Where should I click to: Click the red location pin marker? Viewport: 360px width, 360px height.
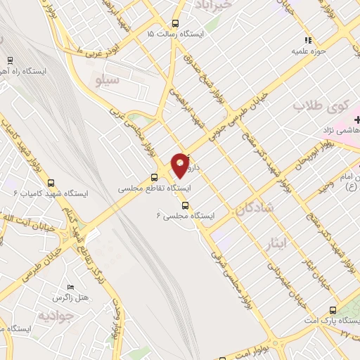click(x=180, y=165)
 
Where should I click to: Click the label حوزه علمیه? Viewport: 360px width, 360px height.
click(x=307, y=51)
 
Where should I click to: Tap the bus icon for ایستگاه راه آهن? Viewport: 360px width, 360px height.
click(x=10, y=61)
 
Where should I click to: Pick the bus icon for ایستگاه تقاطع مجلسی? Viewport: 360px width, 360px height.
click(x=153, y=177)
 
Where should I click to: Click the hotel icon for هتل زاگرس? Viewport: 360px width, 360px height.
click(x=70, y=288)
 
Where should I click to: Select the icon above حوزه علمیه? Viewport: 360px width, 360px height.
click(x=307, y=40)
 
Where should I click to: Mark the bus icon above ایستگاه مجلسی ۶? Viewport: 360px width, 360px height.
click(x=185, y=206)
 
